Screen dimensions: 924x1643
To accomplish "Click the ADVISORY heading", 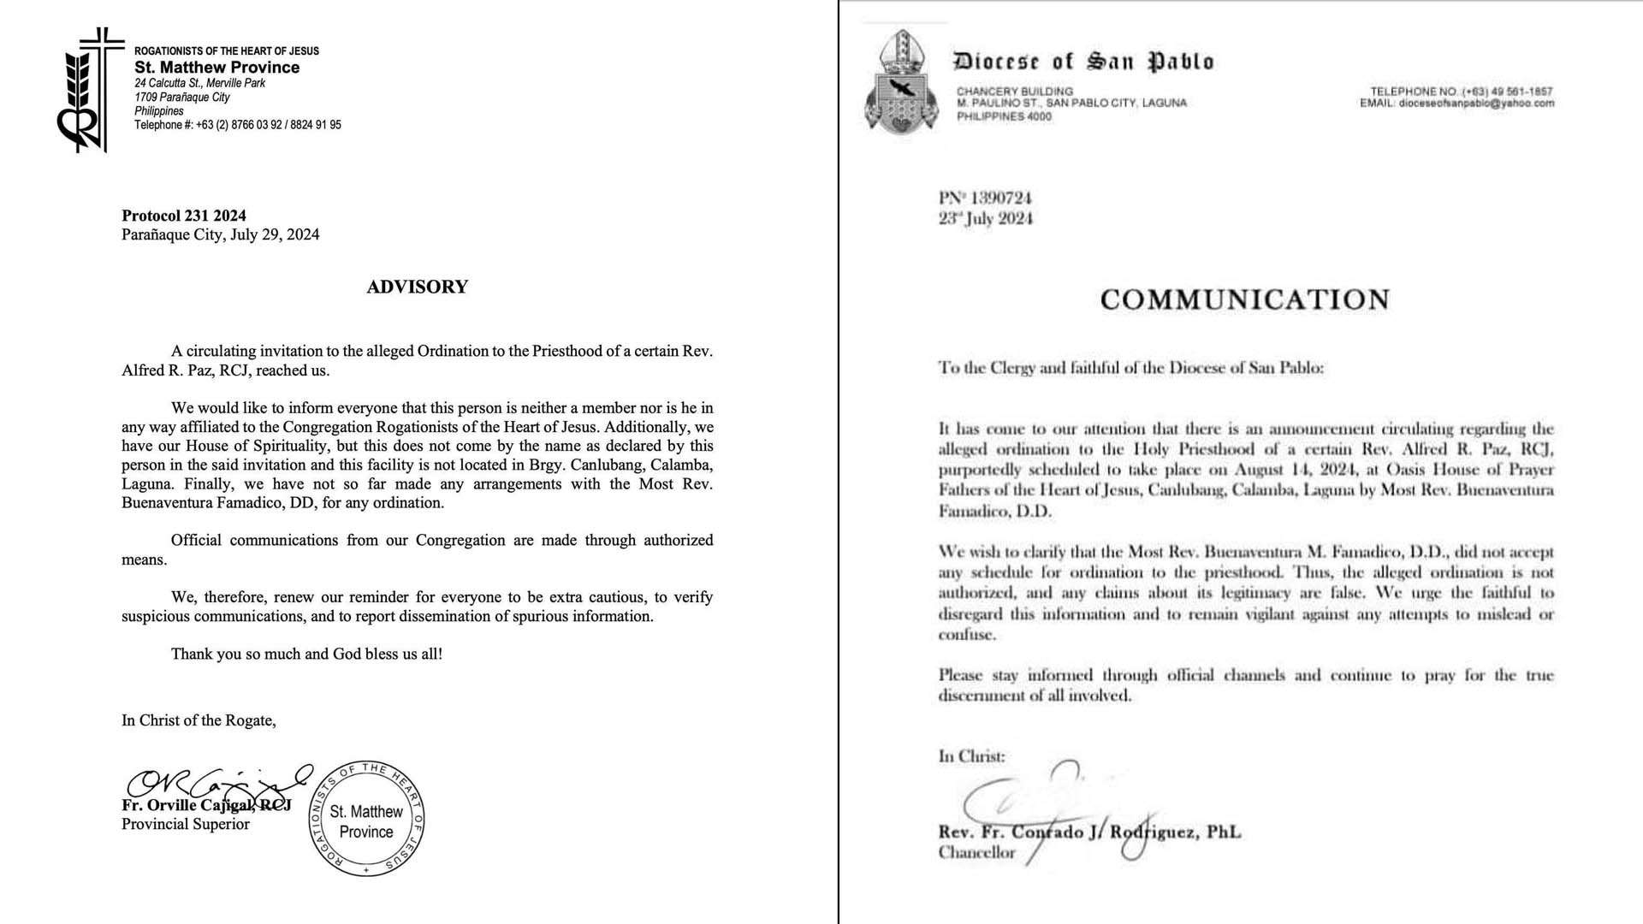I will click(417, 287).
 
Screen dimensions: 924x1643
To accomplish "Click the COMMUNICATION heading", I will click(1245, 299).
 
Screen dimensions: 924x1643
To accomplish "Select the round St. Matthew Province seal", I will click(366, 819).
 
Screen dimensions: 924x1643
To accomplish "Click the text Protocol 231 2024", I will click(184, 216).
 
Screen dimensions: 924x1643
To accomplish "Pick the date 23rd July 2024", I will click(986, 219).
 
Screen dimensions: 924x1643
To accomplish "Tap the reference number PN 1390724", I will click(985, 198).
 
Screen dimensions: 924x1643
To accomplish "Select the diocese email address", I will click(1456, 104).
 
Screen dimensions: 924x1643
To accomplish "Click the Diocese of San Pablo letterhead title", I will click(1083, 62).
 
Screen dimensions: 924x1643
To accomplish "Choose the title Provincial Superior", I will click(186, 825).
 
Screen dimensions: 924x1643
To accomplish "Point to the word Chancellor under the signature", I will click(976, 852).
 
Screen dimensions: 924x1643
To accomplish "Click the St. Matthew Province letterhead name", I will click(217, 68).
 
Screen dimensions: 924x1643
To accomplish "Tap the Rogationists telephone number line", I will click(238, 125).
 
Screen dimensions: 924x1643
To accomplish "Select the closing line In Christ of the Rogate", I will click(199, 720).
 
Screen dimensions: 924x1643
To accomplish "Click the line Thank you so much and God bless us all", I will click(306, 654).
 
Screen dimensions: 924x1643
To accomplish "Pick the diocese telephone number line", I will click(1461, 91).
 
